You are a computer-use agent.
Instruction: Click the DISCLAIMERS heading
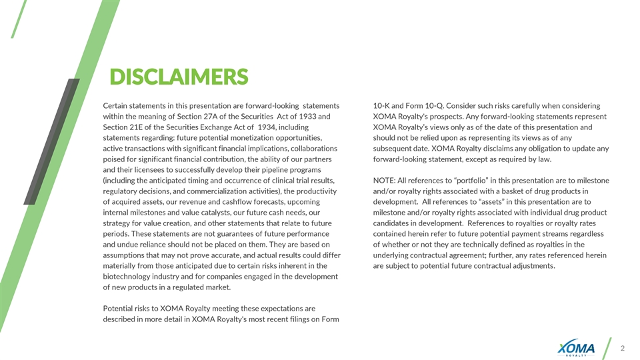pos(179,77)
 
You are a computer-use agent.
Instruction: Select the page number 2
pos(623,348)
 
